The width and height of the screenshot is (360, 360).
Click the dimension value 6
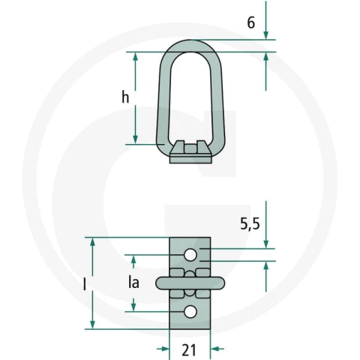point(251,22)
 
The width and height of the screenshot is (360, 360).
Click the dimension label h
point(125,97)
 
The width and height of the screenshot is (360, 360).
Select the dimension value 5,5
point(250,223)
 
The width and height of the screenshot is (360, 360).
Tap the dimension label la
point(133,283)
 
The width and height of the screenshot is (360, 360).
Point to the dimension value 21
point(188,349)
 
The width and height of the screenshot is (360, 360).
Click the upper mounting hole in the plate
point(190,255)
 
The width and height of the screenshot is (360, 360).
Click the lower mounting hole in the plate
point(190,312)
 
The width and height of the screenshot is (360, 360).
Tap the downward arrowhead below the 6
point(265,35)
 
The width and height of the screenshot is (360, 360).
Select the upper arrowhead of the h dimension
point(136,57)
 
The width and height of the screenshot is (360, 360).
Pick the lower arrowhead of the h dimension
point(136,139)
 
